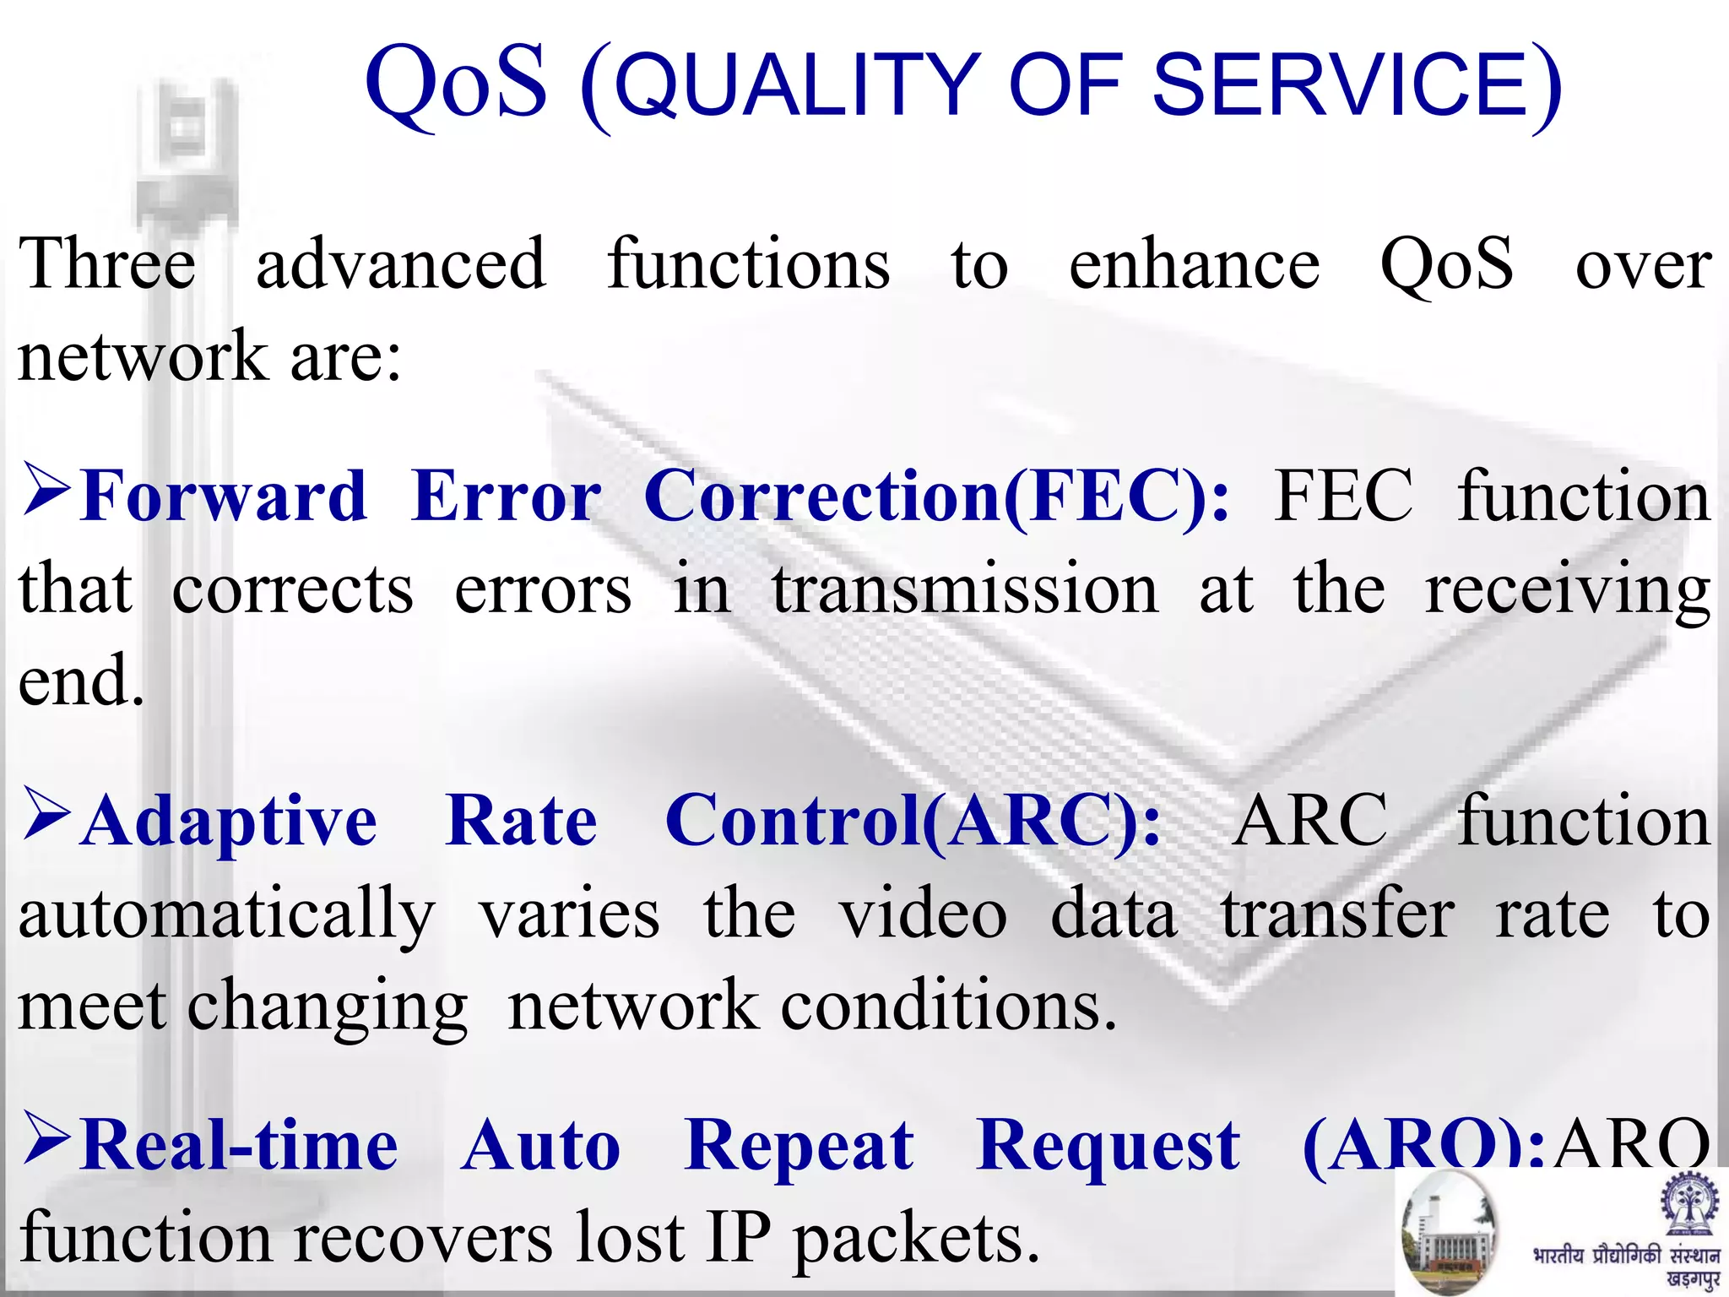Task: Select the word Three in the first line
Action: [x=107, y=264]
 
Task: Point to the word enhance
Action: [x=1194, y=264]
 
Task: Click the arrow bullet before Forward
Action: [x=46, y=489]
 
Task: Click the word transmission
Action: [x=965, y=589]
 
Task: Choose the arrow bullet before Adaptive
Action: [x=46, y=814]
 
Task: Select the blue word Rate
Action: [x=521, y=821]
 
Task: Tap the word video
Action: [x=923, y=914]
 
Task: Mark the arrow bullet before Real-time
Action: [x=46, y=1137]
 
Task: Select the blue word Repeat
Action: [x=799, y=1146]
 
